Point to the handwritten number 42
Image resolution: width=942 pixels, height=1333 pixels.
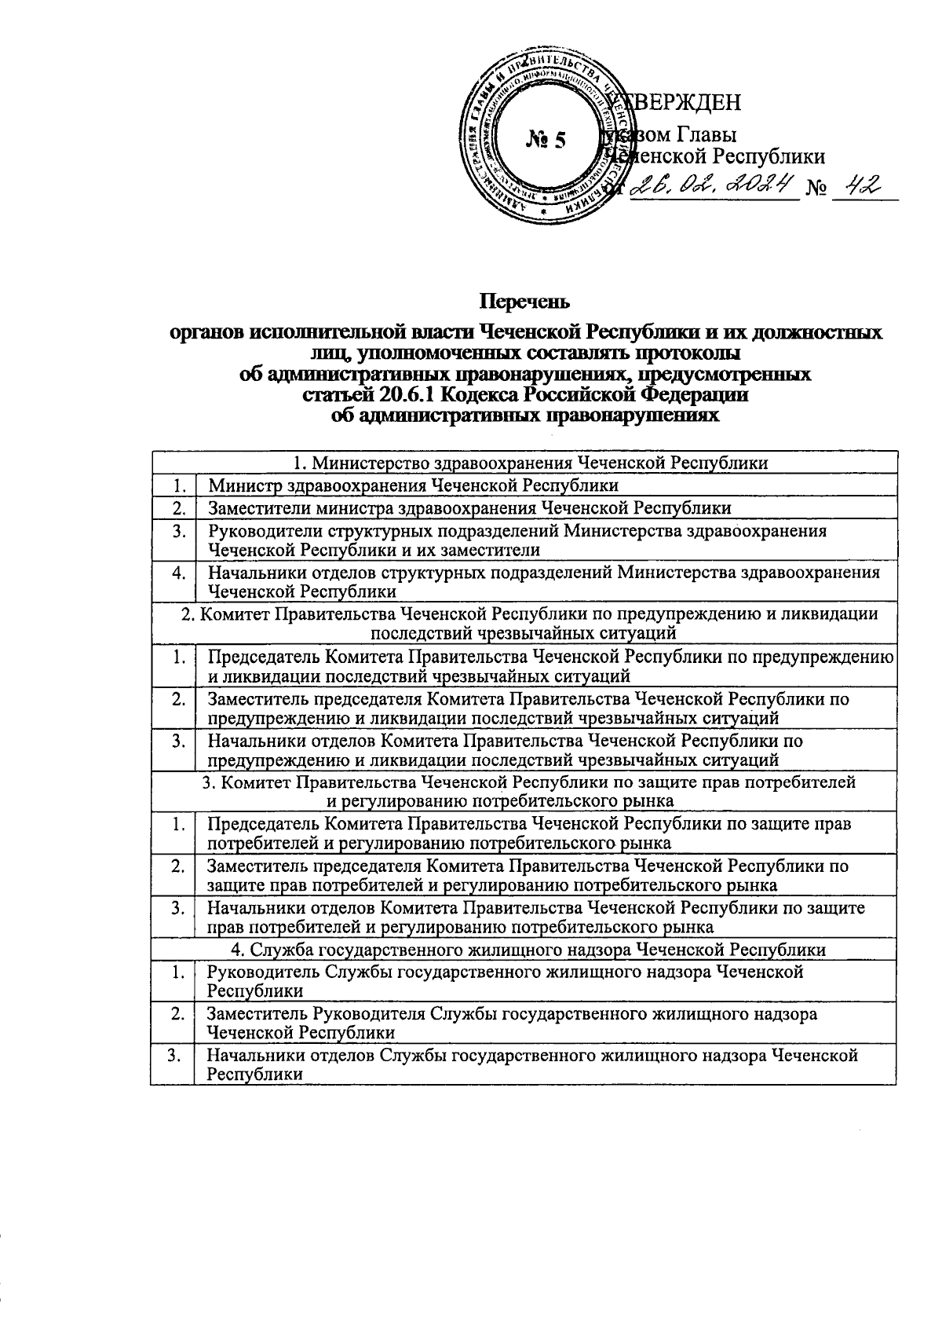[860, 185]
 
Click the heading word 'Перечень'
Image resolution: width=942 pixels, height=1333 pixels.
[525, 301]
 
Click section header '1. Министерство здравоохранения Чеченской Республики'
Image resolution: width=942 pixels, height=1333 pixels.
[524, 462]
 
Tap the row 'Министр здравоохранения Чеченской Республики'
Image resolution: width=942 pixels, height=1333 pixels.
[413, 485]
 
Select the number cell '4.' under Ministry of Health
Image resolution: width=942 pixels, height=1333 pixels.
[179, 573]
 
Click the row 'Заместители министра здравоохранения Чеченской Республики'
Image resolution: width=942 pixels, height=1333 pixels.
[469, 507]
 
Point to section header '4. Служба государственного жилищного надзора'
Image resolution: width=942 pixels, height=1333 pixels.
[524, 949]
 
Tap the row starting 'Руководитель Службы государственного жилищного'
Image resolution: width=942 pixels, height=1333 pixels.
[505, 980]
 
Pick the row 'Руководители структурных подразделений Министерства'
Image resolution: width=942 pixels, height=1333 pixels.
[517, 540]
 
